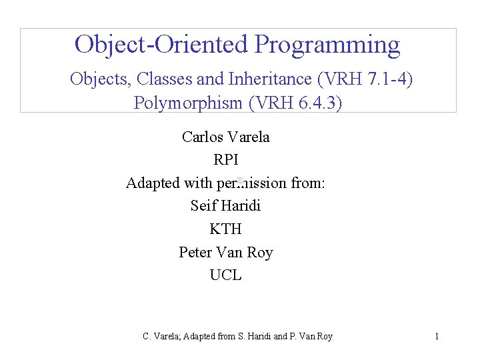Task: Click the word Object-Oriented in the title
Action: coord(161,45)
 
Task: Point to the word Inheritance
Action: coord(271,79)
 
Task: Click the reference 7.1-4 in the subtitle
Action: coord(388,79)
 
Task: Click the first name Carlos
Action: coord(203,137)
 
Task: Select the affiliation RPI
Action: coord(226,160)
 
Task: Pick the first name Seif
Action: coord(204,205)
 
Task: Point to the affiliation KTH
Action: coord(226,229)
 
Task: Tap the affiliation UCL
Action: coord(226,275)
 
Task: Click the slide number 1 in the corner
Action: coord(437,336)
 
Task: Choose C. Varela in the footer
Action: coord(160,337)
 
